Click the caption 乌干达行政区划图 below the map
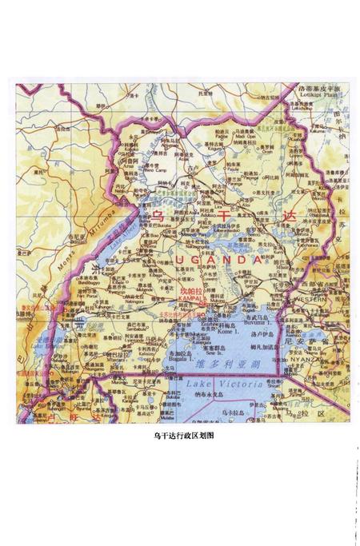[183, 436]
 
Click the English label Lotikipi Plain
[318, 94]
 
